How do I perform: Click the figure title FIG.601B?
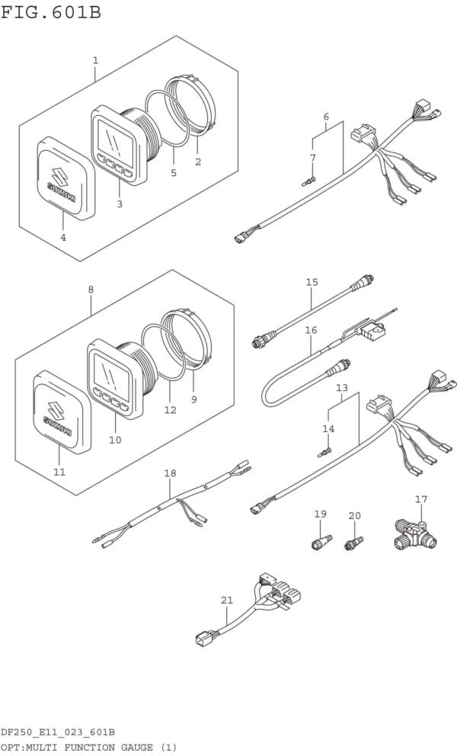pyautogui.click(x=51, y=12)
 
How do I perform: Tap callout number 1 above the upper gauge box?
pyautogui.click(x=95, y=59)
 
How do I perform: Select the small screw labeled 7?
pyautogui.click(x=307, y=181)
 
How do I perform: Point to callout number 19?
pyautogui.click(x=320, y=514)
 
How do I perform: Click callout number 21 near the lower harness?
pyautogui.click(x=226, y=601)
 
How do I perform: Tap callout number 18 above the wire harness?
pyautogui.click(x=170, y=473)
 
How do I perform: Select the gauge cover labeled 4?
pyautogui.click(x=66, y=177)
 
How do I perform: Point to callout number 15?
pyautogui.click(x=312, y=283)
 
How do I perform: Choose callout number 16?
pyautogui.click(x=311, y=330)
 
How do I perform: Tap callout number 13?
pyautogui.click(x=342, y=388)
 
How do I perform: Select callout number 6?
pyautogui.click(x=326, y=117)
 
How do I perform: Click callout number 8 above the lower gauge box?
pyautogui.click(x=91, y=290)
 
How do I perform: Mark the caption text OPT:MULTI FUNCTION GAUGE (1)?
pyautogui.click(x=88, y=746)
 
